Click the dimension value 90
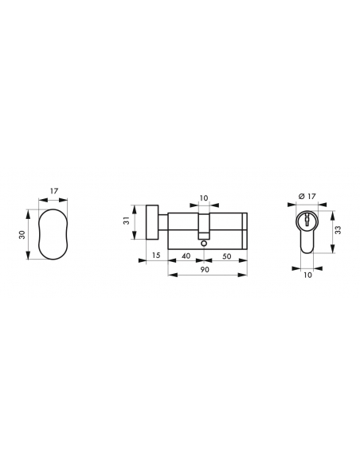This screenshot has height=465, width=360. tap(205, 270)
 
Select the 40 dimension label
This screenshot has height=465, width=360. tap(186, 256)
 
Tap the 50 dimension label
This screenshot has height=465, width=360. tap(226, 256)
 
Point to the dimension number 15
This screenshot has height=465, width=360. tap(155, 255)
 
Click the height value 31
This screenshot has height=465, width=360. tap(127, 221)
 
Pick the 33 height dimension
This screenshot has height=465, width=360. tap(338, 230)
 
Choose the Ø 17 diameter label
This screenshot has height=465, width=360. tap(307, 197)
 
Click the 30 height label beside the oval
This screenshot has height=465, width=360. tap(22, 235)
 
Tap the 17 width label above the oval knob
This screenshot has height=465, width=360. tap(54, 191)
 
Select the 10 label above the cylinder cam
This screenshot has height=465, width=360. tap(204, 197)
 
